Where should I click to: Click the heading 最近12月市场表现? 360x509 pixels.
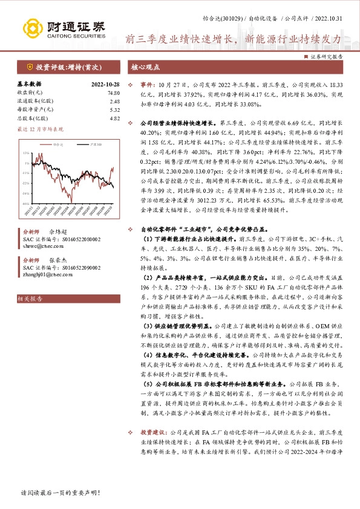click(x=41, y=129)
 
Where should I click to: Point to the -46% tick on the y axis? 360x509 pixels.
click(x=27, y=204)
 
